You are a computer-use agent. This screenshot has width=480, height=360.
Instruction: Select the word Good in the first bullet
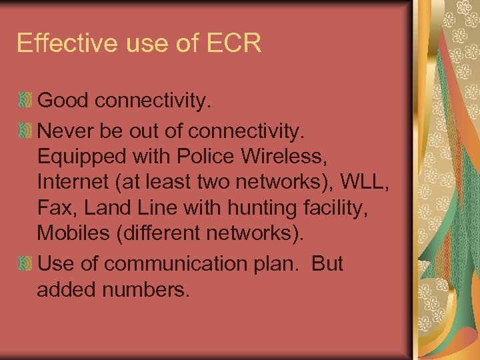tap(63, 101)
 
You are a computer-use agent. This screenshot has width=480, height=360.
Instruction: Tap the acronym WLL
tap(365, 182)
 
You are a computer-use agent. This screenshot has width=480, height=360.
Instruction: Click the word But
tap(326, 263)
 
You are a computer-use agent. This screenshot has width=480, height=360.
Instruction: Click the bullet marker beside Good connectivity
tap(25, 101)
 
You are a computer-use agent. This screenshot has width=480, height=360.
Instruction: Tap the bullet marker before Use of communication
tap(25, 263)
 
